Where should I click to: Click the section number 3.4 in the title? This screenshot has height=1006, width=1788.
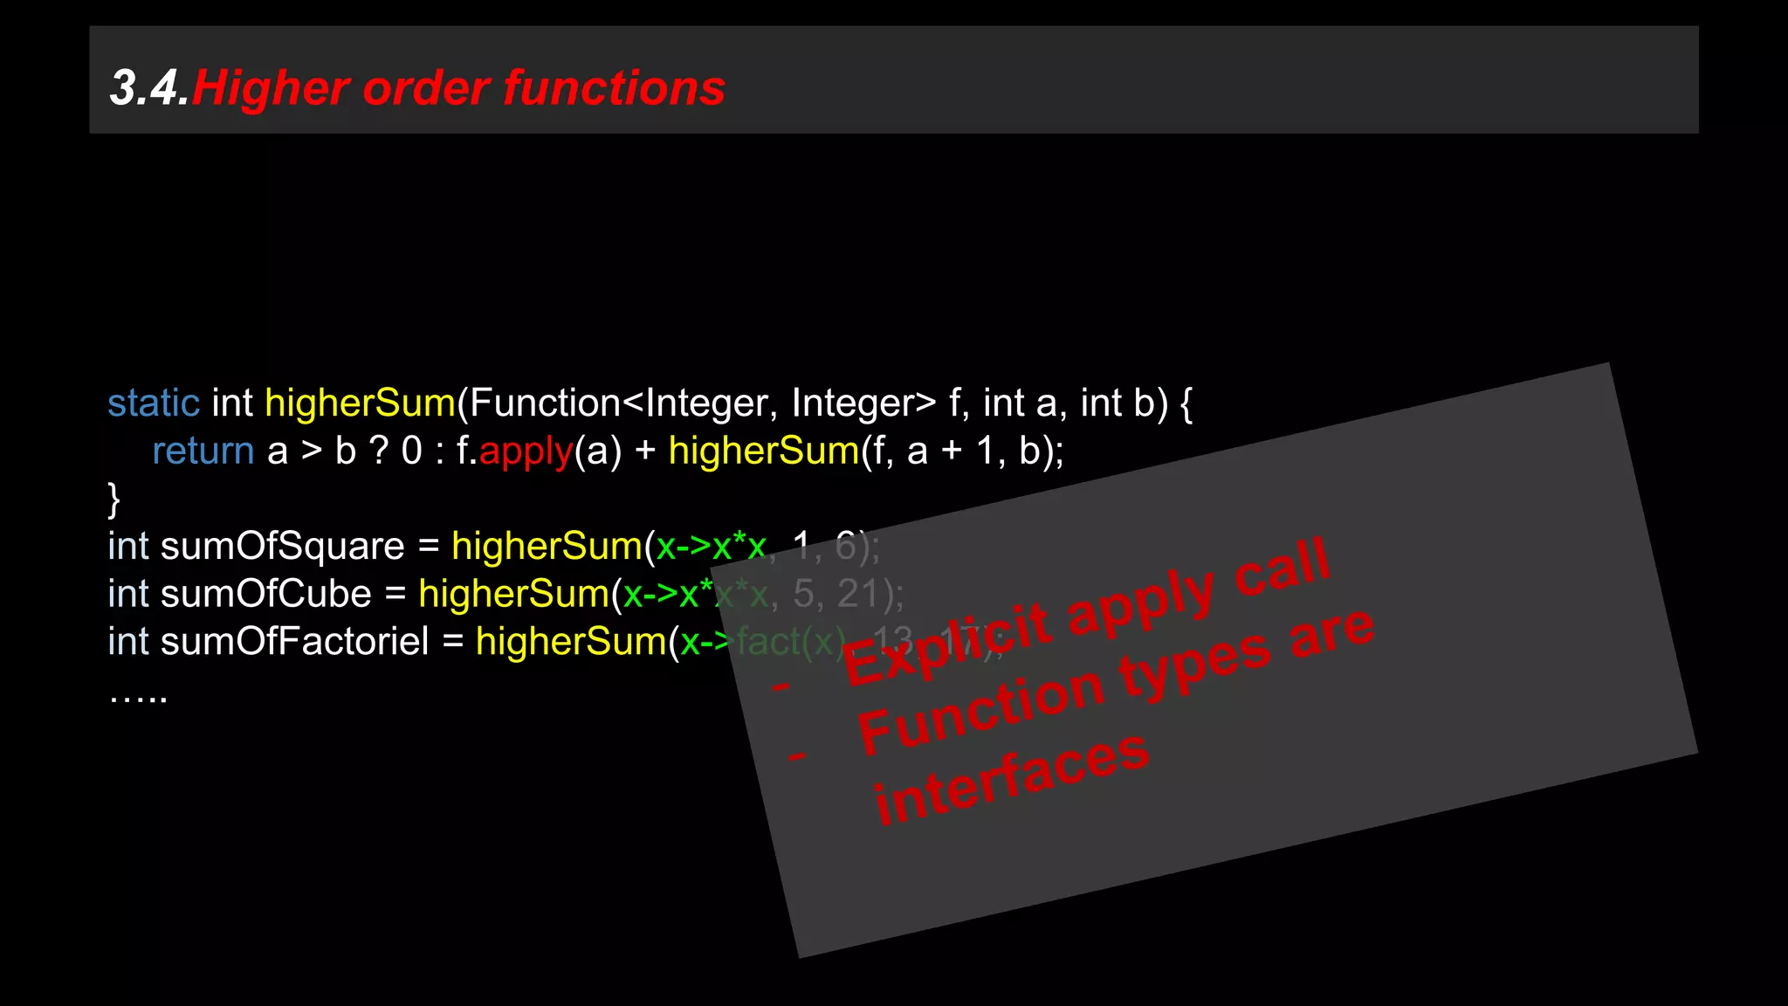coord(148,88)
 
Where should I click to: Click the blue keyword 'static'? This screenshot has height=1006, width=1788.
coord(154,403)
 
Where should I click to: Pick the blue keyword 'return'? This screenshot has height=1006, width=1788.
coord(203,451)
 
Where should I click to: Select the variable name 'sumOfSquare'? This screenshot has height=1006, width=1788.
coord(282,547)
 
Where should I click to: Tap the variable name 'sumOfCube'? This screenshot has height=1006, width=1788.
coord(265,595)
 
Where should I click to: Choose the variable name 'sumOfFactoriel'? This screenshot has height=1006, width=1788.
coord(294,642)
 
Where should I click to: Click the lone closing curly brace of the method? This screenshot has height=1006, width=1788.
coord(113,500)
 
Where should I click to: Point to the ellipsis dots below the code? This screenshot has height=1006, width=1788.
coord(138,696)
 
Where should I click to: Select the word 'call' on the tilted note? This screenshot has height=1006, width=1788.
coord(1282,568)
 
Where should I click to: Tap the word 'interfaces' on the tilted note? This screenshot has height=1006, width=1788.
coord(1012,778)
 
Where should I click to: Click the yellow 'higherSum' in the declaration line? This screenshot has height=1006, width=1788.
coord(360,403)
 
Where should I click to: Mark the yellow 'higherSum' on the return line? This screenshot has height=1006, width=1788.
coord(764,451)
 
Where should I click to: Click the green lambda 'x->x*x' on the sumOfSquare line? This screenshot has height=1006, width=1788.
coord(711,547)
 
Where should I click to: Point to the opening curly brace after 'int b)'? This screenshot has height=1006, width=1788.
coord(1186,403)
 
